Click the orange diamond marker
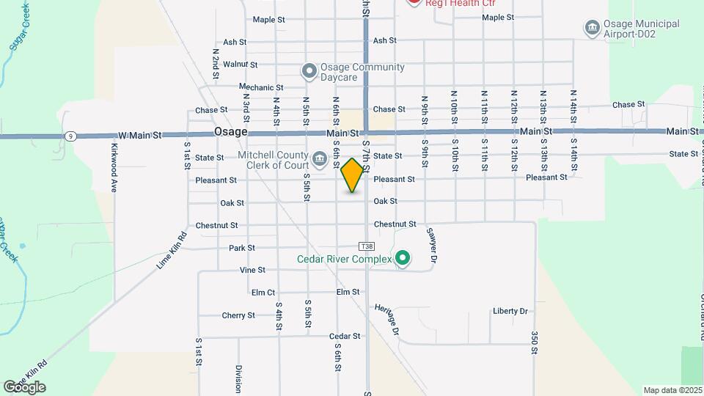tap(353, 175)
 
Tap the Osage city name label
tap(230, 132)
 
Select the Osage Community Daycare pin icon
tap(309, 71)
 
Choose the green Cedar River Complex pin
tap(403, 258)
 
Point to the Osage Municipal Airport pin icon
tap(592, 29)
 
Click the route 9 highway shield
tap(70, 136)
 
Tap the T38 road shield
tap(367, 246)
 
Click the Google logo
tap(24, 387)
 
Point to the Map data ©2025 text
tap(672, 390)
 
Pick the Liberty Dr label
tap(510, 311)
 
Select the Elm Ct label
tap(263, 292)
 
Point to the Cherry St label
tap(238, 315)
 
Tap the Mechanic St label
tap(255, 87)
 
